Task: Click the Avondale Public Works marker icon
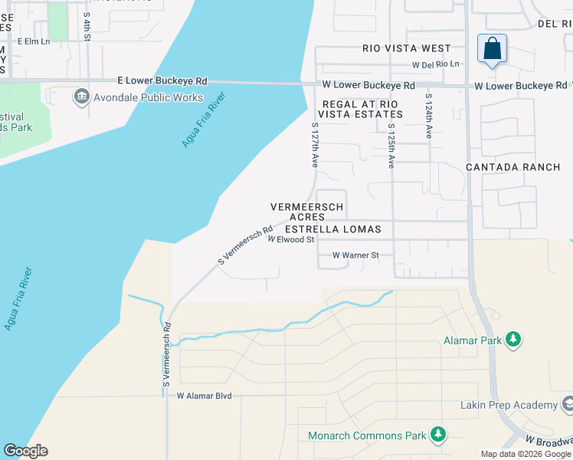(x=81, y=97)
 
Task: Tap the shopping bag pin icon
(x=492, y=49)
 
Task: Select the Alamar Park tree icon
(x=513, y=339)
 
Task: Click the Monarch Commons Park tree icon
(x=437, y=435)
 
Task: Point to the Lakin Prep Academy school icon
(x=568, y=404)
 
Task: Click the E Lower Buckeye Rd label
(x=162, y=80)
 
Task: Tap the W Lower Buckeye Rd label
(x=368, y=85)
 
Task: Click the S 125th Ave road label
(x=391, y=146)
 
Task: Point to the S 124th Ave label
(x=429, y=117)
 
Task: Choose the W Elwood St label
(x=291, y=240)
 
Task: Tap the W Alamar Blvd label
(x=204, y=396)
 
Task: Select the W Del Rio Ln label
(x=437, y=64)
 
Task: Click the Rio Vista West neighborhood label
(x=408, y=48)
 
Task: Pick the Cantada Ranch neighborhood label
(x=513, y=166)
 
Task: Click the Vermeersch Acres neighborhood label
(x=306, y=212)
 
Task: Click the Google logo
(x=25, y=451)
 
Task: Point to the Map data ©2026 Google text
(x=526, y=454)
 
